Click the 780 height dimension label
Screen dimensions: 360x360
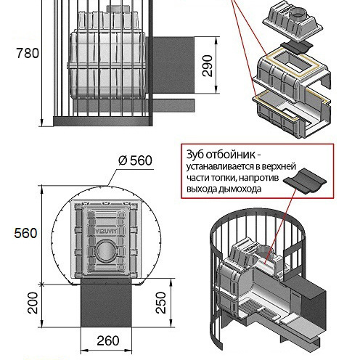[28, 53]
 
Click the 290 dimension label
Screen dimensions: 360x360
[208, 65]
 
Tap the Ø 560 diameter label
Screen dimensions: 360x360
[136, 160]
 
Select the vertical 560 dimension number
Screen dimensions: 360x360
[25, 233]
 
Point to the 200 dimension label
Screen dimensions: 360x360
[33, 303]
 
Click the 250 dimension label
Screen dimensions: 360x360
[160, 303]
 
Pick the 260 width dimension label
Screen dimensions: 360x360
[108, 340]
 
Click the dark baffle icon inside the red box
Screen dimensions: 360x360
[305, 181]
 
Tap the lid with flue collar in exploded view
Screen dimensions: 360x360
[293, 23]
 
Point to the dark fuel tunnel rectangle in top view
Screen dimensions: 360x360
[106, 303]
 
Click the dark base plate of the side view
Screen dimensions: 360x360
[103, 120]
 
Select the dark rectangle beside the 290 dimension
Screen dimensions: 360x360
[173, 65]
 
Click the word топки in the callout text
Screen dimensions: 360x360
[221, 178]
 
